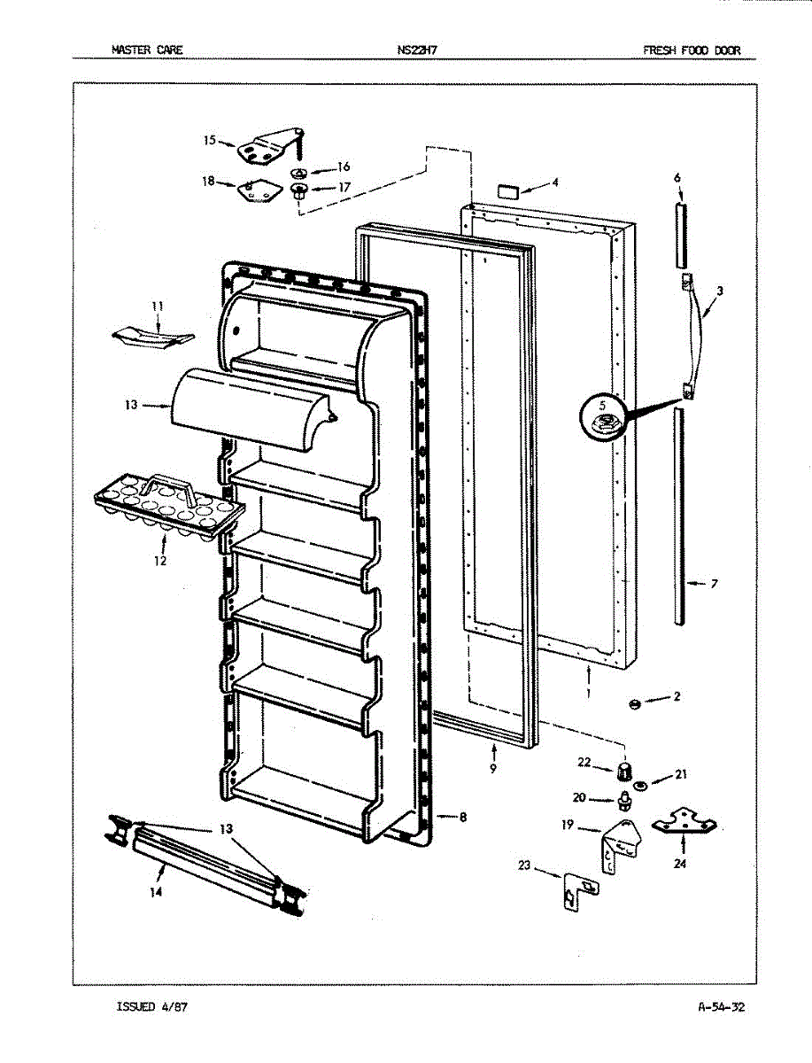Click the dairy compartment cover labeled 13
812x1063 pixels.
(x=248, y=408)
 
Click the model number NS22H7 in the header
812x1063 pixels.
(x=417, y=50)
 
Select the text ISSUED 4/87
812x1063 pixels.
(x=151, y=1007)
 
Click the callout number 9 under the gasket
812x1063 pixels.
(x=492, y=770)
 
